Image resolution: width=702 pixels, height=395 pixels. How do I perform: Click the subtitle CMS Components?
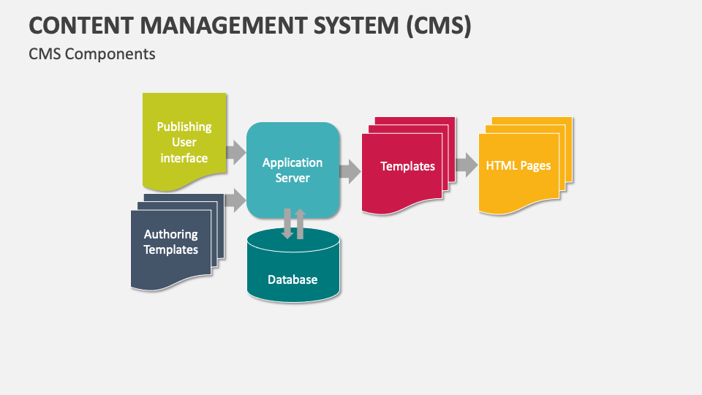pos(91,54)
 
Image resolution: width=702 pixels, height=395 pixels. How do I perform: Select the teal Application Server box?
pos(292,170)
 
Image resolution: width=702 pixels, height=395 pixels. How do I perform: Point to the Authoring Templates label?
pos(170,242)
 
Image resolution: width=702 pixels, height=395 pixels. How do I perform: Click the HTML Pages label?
pos(518,165)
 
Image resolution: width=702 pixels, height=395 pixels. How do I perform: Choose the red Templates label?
pos(407,166)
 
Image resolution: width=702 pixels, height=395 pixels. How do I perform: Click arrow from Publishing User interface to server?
pos(235,153)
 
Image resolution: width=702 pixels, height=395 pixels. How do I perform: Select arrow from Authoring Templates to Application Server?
pos(235,200)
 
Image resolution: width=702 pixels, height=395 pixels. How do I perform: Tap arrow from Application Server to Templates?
pos(350,172)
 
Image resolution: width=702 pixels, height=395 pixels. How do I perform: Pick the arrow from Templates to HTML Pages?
pos(466,165)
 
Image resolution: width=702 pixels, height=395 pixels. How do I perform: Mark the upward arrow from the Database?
pos(300,223)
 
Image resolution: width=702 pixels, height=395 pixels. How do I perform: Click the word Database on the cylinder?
pos(292,279)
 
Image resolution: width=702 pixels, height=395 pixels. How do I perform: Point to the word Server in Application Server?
pos(292,178)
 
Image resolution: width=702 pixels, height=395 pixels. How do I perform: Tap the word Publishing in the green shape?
pos(184,127)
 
